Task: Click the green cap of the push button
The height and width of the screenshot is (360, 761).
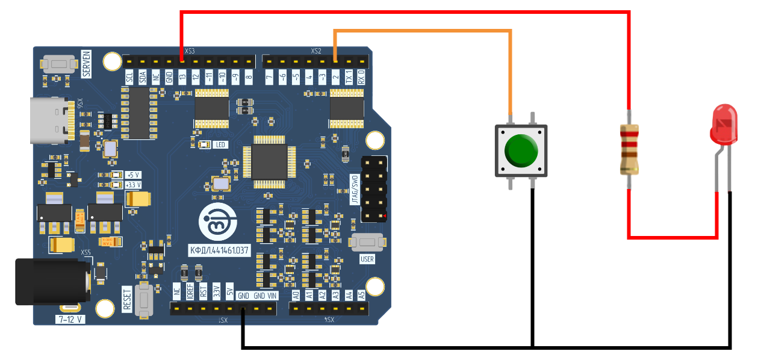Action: (x=521, y=151)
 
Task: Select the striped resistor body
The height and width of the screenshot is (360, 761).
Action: (x=629, y=149)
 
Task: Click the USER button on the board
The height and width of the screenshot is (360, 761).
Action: (x=367, y=243)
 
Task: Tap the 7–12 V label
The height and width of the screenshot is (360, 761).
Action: (x=70, y=319)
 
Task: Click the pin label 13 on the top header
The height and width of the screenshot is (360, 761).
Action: (x=182, y=77)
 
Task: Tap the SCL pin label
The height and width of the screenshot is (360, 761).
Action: (x=129, y=77)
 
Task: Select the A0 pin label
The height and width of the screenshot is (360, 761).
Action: (x=296, y=295)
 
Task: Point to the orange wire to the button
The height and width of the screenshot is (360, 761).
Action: (x=421, y=31)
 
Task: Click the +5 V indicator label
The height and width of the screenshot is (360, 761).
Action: (x=133, y=175)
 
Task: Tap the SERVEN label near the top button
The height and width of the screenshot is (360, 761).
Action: (x=86, y=64)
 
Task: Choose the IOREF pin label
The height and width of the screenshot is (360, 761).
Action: (x=190, y=292)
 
